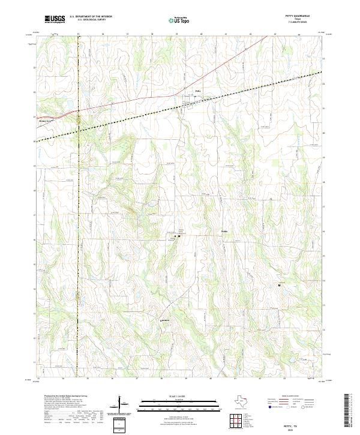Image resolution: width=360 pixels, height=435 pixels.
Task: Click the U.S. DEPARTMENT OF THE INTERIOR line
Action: [91, 17]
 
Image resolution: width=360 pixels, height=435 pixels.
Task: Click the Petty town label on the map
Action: [197, 92]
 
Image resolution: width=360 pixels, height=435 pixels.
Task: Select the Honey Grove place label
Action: [46, 119]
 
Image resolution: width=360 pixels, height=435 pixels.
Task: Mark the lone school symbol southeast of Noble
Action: [278, 285]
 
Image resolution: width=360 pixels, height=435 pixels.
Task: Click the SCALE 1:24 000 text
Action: [179, 397]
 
